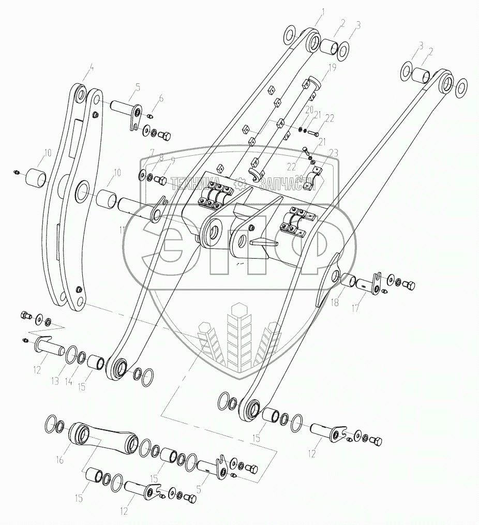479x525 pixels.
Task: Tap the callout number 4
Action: (91, 67)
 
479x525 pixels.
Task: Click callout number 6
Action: (160, 98)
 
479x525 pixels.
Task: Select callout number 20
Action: (309, 110)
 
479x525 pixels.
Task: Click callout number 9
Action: (173, 160)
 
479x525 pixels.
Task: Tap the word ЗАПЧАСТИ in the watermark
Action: (288, 183)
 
